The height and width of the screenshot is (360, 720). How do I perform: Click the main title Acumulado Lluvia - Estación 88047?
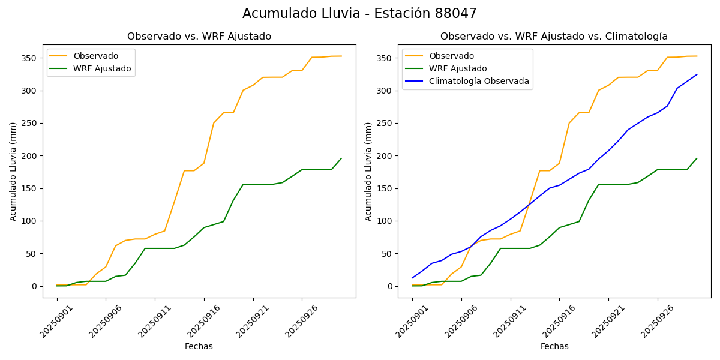tap(359, 14)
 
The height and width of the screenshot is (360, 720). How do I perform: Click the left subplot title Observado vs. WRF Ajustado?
tap(199, 37)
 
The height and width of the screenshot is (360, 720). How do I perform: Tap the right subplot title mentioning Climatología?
tap(554, 37)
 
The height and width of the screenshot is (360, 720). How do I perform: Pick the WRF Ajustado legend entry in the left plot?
tap(102, 68)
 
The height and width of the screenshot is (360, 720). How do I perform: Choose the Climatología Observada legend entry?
tap(479, 82)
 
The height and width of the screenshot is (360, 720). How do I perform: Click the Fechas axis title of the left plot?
tap(199, 346)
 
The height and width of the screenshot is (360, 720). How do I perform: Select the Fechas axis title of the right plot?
tap(554, 346)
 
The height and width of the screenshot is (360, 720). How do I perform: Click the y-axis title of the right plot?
tap(368, 171)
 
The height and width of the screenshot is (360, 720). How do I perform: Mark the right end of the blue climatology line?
tap(697, 74)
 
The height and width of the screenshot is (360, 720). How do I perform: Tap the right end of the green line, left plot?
tap(341, 158)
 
